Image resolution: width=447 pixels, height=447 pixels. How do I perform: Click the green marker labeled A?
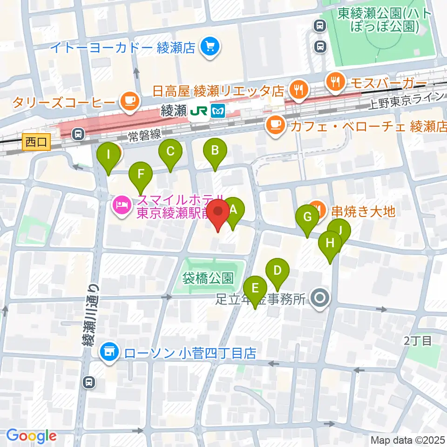click(233, 210)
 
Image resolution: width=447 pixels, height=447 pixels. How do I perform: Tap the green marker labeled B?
click(215, 151)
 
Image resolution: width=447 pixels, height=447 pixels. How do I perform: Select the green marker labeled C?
click(170, 151)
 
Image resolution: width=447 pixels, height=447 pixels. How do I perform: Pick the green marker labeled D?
click(278, 271)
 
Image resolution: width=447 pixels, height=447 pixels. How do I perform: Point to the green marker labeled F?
click(141, 175)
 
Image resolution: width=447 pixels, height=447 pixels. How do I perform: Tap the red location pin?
click(218, 212)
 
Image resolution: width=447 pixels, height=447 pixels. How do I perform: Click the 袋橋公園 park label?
click(208, 278)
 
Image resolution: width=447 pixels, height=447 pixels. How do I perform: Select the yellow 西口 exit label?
click(36, 142)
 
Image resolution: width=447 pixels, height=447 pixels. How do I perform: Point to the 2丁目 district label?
click(418, 340)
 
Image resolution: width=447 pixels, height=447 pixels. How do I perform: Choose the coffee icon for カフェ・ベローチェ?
click(276, 124)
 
